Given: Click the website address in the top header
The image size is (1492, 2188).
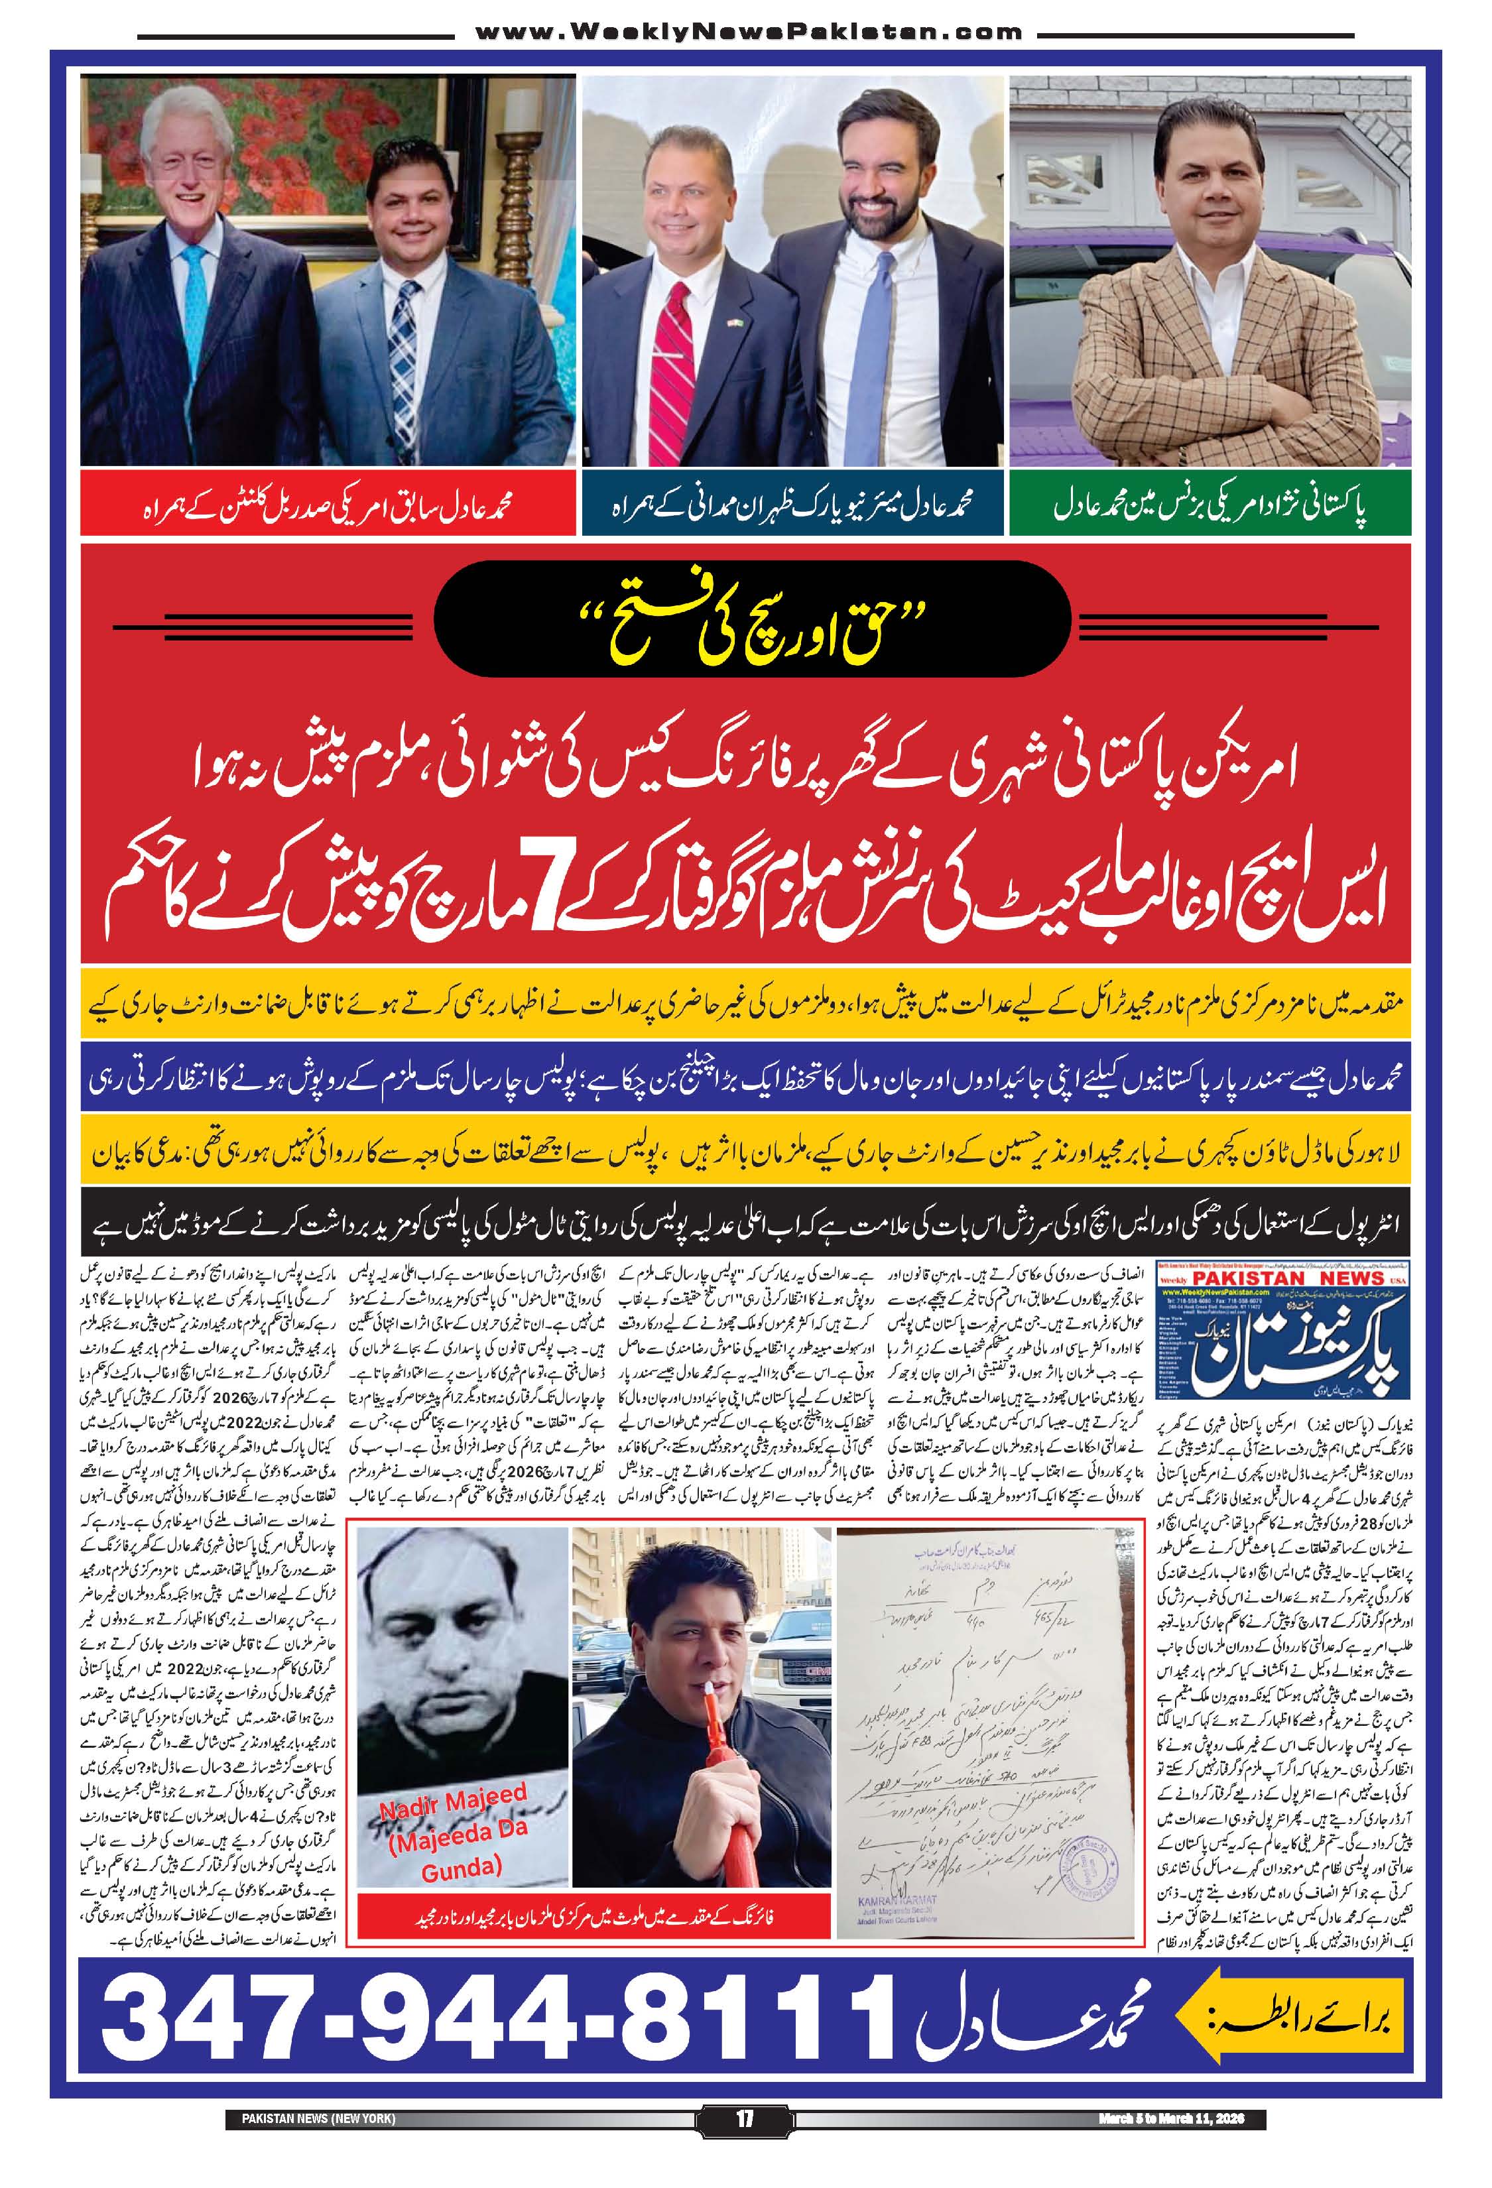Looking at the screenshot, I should coord(749,33).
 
